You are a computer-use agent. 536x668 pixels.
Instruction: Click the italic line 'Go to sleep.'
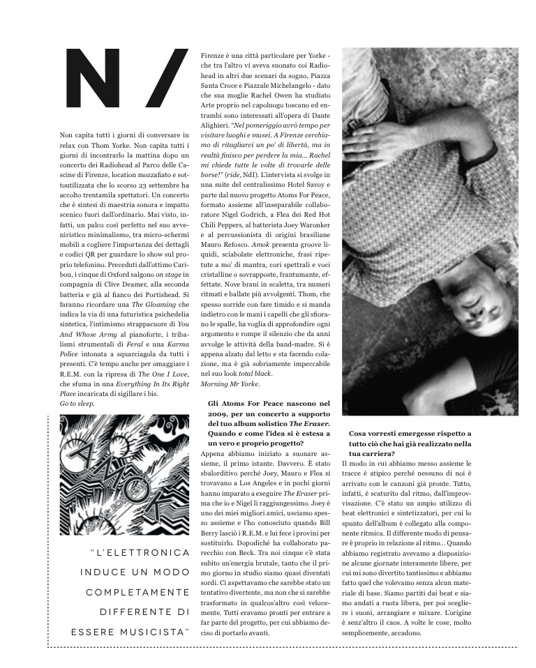pos(77,404)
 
